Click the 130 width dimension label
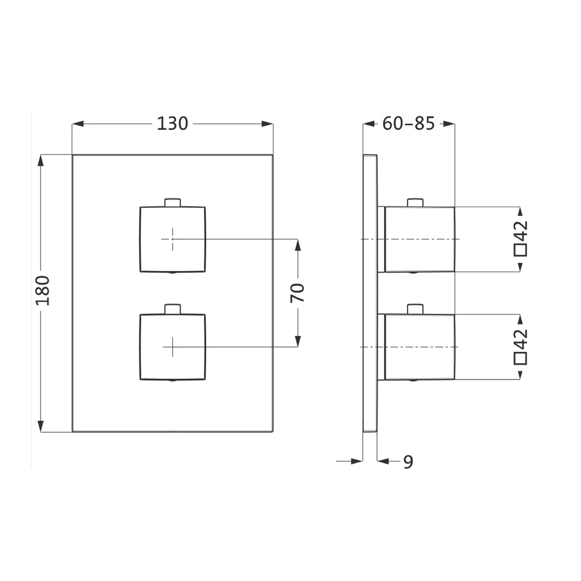172,123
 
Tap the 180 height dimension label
43,290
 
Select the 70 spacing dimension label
297,293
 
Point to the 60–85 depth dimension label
409,123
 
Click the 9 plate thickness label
408,461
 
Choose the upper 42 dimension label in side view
520,230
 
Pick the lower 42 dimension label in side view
520,338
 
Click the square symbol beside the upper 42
520,250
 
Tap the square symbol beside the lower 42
520,358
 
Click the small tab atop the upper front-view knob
172,202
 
